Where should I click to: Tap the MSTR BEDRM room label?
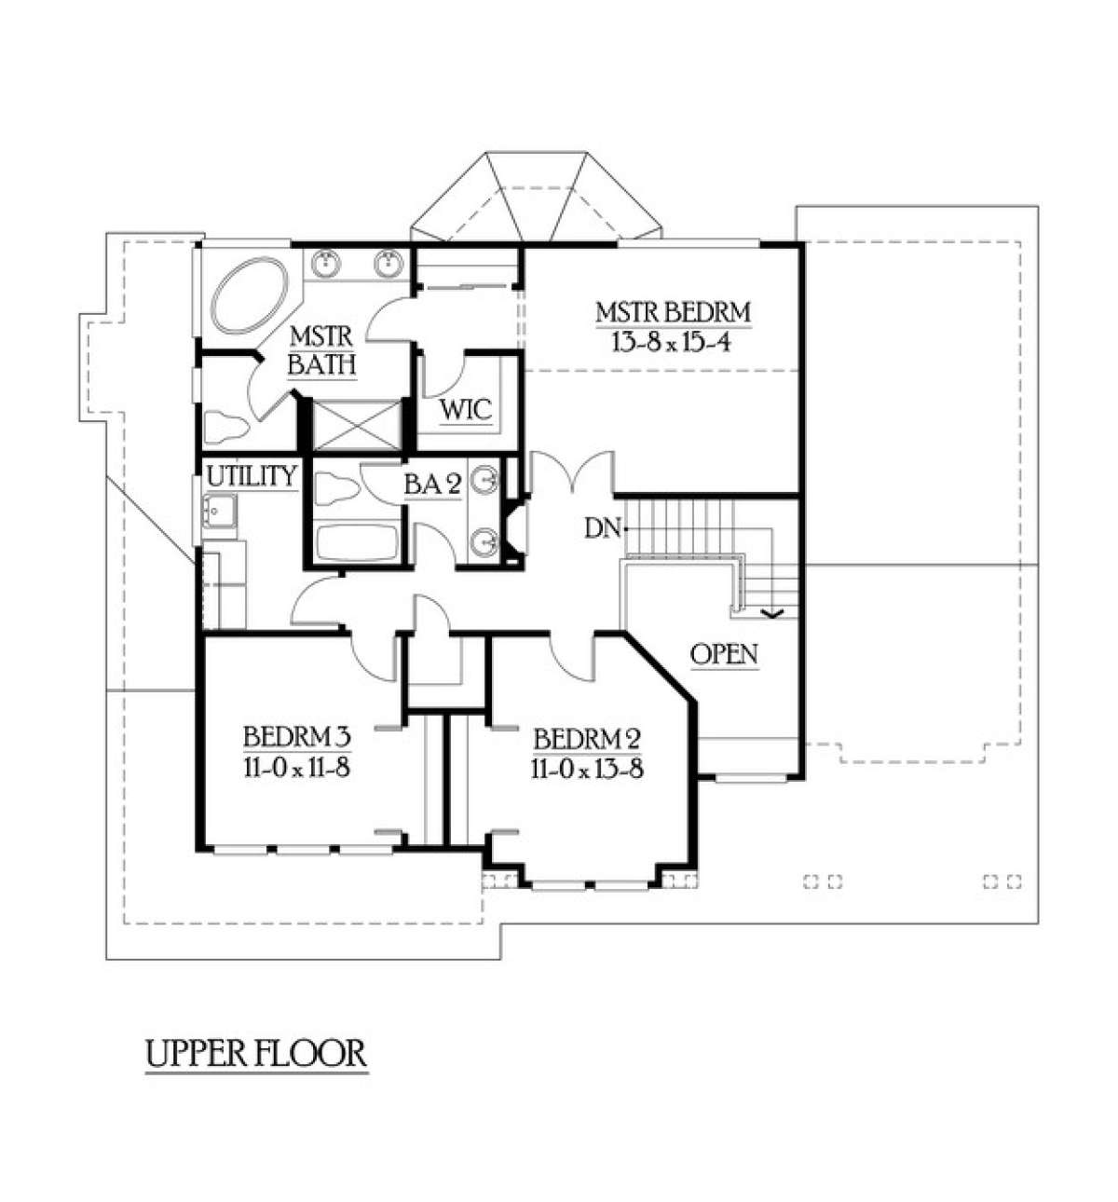[673, 313]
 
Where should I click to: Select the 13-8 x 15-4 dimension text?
[672, 343]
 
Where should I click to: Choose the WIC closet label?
[466, 410]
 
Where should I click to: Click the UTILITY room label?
[252, 476]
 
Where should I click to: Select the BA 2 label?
[433, 485]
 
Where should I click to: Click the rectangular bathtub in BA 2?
[357, 542]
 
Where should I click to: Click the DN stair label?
[603, 529]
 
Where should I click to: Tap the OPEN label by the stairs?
[724, 654]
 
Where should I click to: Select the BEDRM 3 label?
[297, 737]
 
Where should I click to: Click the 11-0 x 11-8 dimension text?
[297, 768]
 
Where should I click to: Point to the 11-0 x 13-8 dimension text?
[587, 769]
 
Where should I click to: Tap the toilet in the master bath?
[226, 426]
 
